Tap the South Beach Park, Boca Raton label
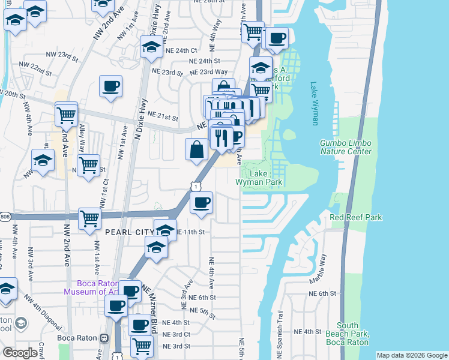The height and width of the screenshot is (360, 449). pos(348,334)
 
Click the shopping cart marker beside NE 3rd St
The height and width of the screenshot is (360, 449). pos(142,345)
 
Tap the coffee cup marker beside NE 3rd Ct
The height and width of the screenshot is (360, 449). pos(139,325)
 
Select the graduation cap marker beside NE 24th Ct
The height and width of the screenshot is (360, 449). pos(151,46)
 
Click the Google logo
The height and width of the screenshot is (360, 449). pos(20,353)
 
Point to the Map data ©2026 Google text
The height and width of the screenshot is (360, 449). pos(412,355)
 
